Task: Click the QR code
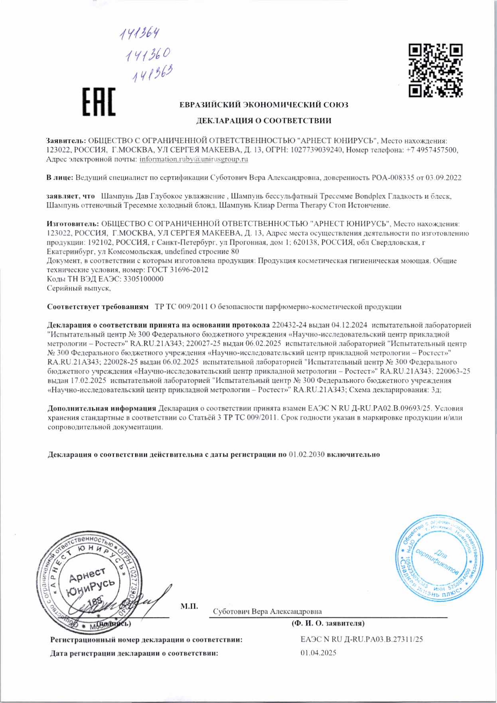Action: [436, 71]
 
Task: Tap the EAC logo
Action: [99, 102]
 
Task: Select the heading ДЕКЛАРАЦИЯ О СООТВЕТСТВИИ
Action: [264, 120]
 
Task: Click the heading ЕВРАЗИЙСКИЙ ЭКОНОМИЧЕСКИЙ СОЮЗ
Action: [264, 105]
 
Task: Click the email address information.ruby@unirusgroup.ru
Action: [194, 159]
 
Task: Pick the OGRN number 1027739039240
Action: [316, 150]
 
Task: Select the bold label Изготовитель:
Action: [73, 224]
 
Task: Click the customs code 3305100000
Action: [144, 279]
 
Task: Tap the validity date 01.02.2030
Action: [306, 454]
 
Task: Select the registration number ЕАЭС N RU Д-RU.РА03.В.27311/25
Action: [361, 639]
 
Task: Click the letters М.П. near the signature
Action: [189, 606]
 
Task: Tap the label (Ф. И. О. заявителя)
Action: [328, 623]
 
